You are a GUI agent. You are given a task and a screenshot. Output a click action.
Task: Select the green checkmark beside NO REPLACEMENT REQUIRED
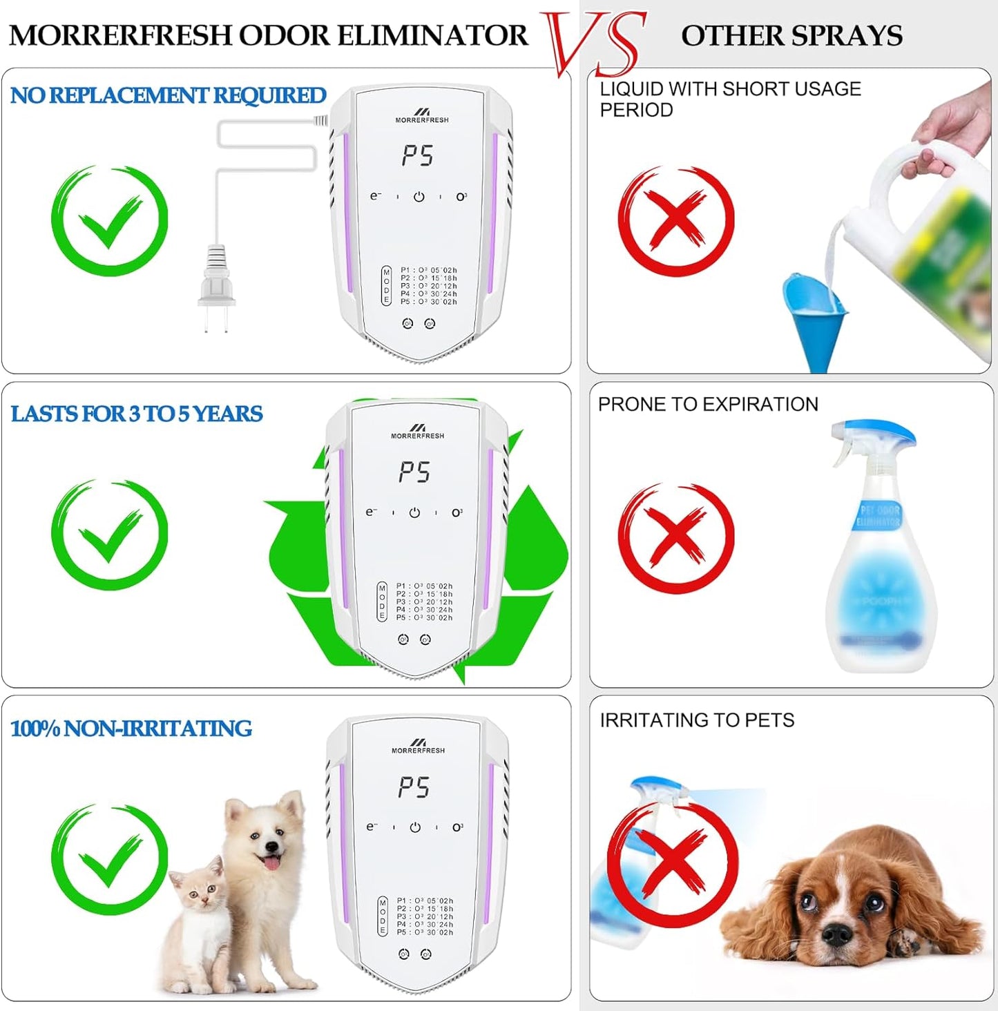[x=109, y=220]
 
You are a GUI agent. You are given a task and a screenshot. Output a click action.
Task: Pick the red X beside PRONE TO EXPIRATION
[x=675, y=537]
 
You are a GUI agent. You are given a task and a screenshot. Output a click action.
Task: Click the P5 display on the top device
[x=418, y=156]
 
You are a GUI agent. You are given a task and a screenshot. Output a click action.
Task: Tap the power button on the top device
[x=419, y=197]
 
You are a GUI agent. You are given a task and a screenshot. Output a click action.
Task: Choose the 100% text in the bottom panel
[x=35, y=729]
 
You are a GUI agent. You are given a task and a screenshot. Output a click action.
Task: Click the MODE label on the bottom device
[x=383, y=916]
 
